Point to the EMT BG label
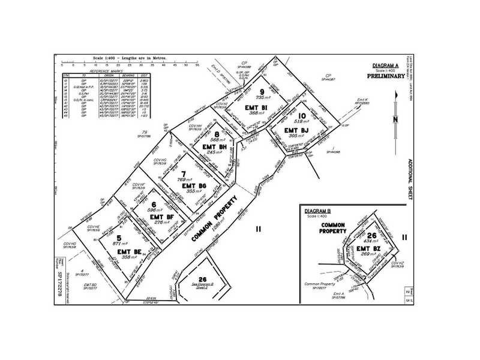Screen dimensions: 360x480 (x=194, y=186)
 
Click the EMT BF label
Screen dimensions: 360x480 (x=161, y=215)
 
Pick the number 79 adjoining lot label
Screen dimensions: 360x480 (x=145, y=131)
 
